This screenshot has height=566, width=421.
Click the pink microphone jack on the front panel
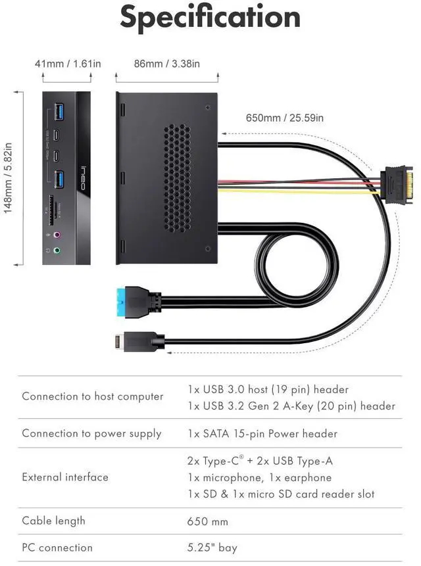(57, 234)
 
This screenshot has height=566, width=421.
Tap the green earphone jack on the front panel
(57, 250)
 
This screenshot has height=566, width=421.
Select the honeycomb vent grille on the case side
(177, 177)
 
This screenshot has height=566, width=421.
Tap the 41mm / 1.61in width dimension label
(68, 64)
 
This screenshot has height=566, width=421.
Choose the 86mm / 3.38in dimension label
(167, 64)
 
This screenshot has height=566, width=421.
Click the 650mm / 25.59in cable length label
(284, 118)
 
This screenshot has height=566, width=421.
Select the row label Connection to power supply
(91, 433)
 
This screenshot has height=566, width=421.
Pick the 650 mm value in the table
(208, 521)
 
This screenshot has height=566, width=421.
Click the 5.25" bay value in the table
(212, 548)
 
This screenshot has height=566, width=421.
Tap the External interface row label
(65, 477)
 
